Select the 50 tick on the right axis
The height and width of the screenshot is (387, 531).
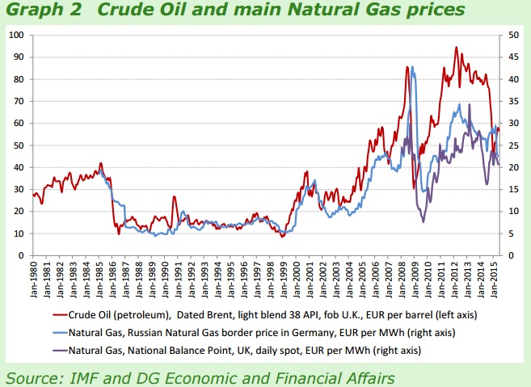tap(513, 36)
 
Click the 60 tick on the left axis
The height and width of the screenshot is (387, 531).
tap(19, 124)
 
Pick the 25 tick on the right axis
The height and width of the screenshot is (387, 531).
tap(513, 145)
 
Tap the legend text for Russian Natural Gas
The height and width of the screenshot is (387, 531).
tap(259, 332)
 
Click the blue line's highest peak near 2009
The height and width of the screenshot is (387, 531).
tap(413, 68)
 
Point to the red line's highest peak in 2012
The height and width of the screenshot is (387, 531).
tap(457, 48)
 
